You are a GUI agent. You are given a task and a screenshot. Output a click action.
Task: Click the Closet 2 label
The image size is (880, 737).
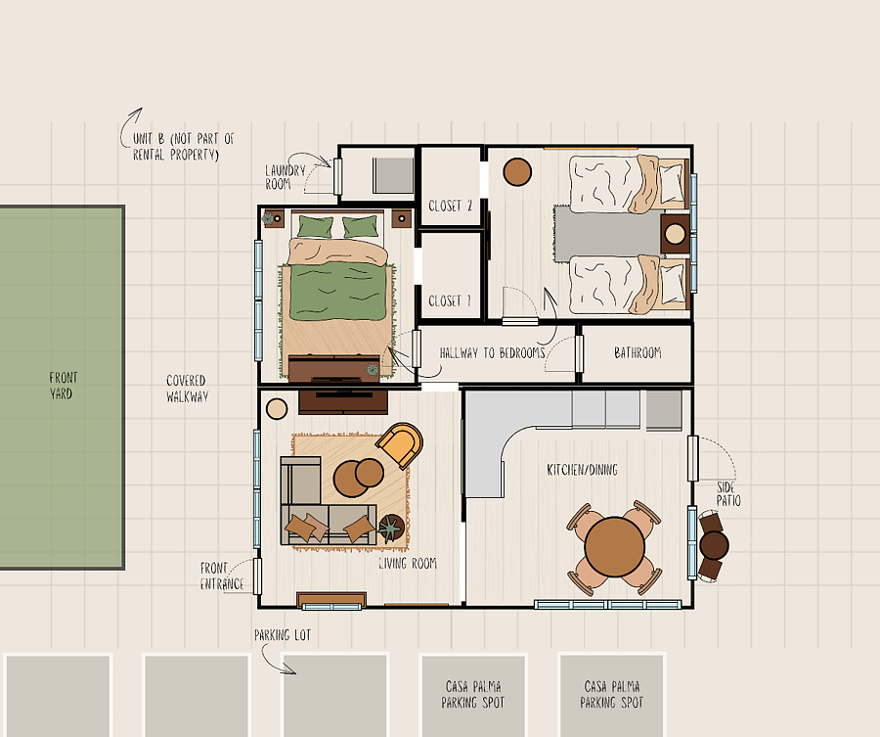pos(450,207)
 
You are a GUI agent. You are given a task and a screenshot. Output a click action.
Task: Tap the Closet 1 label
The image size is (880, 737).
pos(450,301)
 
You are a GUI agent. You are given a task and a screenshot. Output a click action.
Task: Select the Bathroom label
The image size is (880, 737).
pos(638,352)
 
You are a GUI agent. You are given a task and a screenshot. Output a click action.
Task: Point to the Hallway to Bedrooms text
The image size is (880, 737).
pos(492,352)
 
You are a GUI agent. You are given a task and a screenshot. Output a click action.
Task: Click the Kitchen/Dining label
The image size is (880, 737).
pos(582,470)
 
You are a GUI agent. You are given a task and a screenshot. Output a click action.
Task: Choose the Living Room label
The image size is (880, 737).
pos(408,564)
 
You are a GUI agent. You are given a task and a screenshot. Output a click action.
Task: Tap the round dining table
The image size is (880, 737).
pos(615,546)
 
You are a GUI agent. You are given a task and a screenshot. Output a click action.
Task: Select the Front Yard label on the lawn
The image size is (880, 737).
pos(63,386)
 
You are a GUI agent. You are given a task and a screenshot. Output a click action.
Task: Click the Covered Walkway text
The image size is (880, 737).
pos(187,389)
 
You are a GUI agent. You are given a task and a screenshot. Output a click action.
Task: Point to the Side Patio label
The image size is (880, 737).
pos(728,493)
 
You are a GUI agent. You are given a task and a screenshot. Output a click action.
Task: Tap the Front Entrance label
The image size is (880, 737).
pos(222,576)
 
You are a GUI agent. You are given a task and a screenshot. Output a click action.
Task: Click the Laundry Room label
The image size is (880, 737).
pos(286,177)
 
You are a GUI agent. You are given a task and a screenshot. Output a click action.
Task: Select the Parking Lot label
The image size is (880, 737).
pos(283,635)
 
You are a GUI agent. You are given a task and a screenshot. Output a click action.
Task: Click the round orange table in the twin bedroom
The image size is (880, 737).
pos(517,172)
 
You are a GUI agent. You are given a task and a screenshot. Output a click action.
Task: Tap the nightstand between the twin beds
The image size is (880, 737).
pos(675,234)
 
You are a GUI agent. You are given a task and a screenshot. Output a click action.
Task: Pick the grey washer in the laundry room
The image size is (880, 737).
pos(393,175)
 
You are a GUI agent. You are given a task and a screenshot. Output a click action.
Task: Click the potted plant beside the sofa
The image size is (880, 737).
pos(390,528)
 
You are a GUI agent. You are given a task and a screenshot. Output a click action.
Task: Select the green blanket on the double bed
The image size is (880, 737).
pos(338,292)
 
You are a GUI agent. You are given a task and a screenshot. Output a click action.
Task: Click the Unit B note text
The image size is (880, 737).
pos(183,147)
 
